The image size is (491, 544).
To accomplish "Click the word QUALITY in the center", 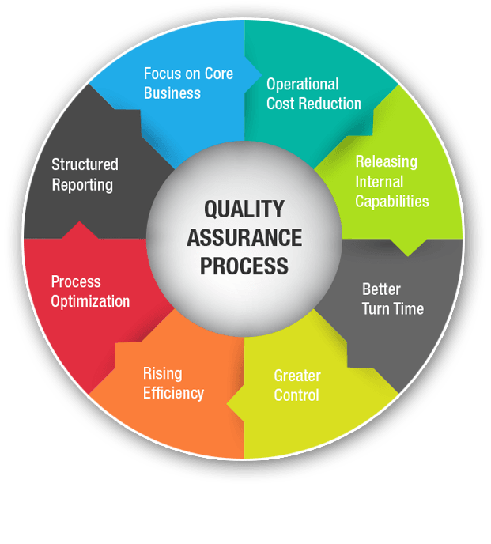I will click(244, 209).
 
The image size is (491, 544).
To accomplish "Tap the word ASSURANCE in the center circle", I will click(244, 237).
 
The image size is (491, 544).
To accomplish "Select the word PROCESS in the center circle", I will click(244, 266).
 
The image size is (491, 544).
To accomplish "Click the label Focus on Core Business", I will click(188, 83).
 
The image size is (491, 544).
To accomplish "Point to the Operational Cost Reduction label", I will click(313, 94).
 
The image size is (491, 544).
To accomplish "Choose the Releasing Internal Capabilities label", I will click(391, 181).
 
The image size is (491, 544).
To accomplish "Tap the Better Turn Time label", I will click(392, 299).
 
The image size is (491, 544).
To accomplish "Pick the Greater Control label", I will click(296, 385).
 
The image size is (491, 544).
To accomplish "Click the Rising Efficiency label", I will click(173, 383).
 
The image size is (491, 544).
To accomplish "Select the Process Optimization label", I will click(90, 291).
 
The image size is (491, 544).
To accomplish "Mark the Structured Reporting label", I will click(85, 175).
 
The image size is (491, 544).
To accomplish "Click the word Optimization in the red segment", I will click(90, 301).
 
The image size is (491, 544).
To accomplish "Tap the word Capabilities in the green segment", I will click(391, 201).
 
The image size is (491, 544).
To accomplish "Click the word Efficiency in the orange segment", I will click(173, 392).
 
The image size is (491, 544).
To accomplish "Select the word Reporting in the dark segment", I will click(82, 185).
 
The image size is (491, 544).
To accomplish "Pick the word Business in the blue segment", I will click(172, 93).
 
